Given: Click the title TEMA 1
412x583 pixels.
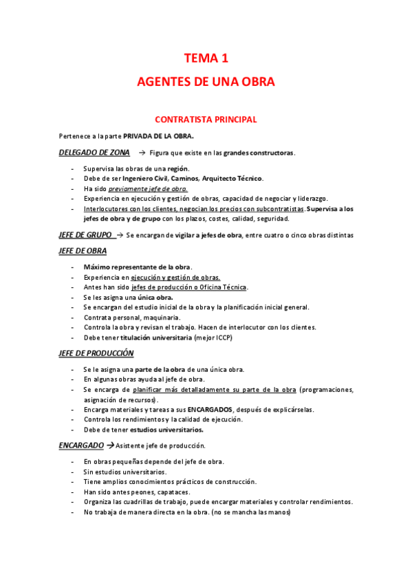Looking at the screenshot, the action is [206, 58].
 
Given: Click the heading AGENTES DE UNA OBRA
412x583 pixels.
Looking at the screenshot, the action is [206, 82].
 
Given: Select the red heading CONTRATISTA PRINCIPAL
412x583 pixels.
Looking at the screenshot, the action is [206, 120].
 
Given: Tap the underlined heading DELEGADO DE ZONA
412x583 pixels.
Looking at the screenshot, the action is [94, 152].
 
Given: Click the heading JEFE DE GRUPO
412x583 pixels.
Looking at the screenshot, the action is [86, 235].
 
